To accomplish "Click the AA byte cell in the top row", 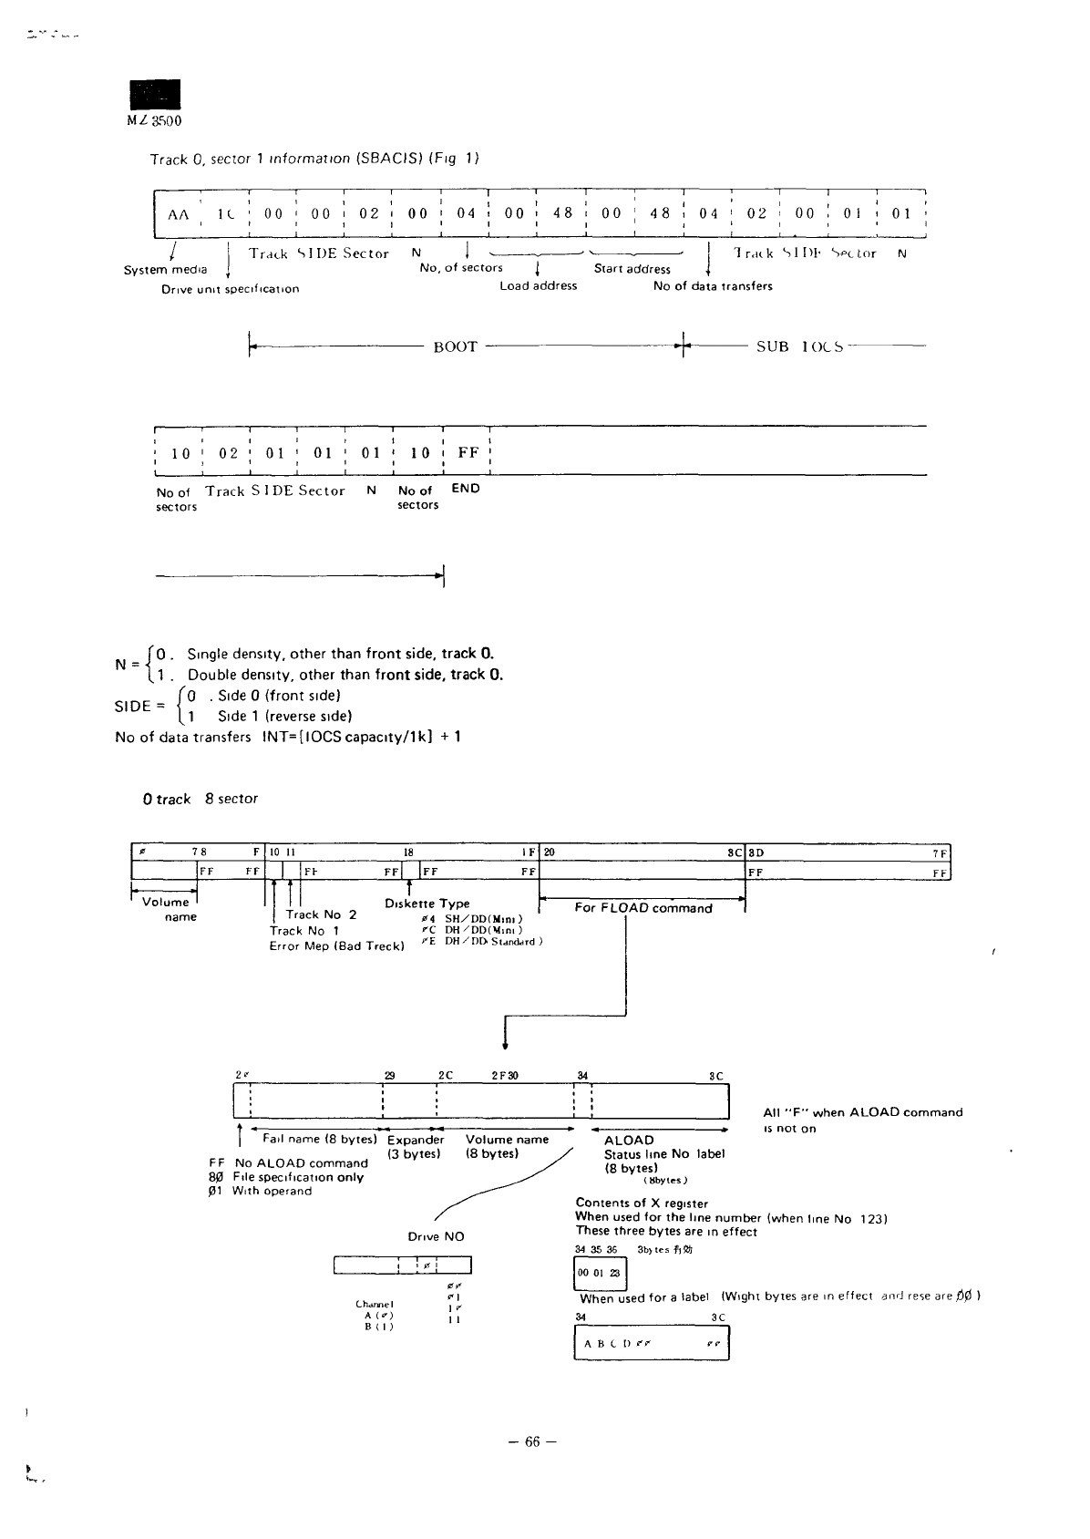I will point(179,214).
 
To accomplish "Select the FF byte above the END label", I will point(468,452).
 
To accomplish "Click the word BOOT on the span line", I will point(455,346).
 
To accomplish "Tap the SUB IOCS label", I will point(799,346).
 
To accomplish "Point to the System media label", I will point(165,270).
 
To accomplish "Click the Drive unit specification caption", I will point(230,289).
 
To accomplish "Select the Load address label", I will point(538,285).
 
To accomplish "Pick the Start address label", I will point(632,269).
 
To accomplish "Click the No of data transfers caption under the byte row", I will point(713,286).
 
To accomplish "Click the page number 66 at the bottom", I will point(532,1441).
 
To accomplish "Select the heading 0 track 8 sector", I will point(200,799).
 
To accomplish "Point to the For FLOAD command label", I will point(643,908).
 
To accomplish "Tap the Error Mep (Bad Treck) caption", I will point(336,946).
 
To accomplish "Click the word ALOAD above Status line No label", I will point(629,1140).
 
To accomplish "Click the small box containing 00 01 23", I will point(595,1273).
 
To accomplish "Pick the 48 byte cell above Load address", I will point(563,213).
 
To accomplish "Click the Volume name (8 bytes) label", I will point(507,1146).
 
